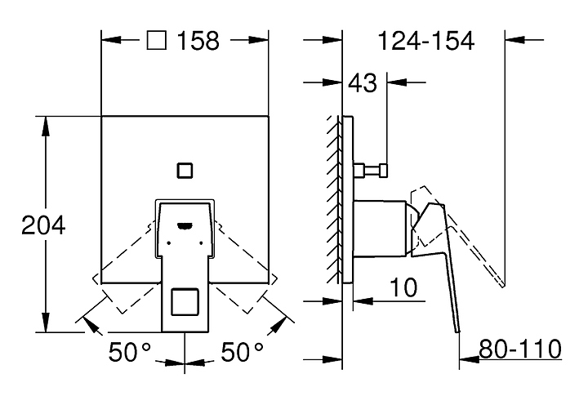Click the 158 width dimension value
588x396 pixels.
tap(198, 41)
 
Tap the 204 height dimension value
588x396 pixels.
tap(43, 225)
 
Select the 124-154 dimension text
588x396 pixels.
tap(426, 41)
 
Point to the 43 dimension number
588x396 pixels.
tap(363, 83)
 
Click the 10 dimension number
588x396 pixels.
tap(403, 287)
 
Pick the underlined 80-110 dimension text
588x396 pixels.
tap(520, 349)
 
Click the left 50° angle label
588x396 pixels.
tap(130, 352)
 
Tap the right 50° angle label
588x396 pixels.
tap(243, 352)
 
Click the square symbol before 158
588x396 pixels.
tap(156, 40)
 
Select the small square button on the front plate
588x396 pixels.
tap(185, 171)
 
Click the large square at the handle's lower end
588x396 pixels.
tap(185, 302)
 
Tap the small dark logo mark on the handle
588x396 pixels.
tap(185, 225)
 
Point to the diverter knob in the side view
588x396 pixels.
tap(372, 171)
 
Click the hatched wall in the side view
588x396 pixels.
tap(334, 199)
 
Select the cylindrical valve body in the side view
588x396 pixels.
tap(380, 229)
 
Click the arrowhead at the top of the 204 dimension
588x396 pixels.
tap(46, 126)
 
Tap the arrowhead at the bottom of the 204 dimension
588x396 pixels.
tap(46, 323)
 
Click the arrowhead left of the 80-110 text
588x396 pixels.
tap(469, 359)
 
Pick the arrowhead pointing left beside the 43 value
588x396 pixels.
tap(397, 82)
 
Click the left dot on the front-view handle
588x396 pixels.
tap(169, 243)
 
